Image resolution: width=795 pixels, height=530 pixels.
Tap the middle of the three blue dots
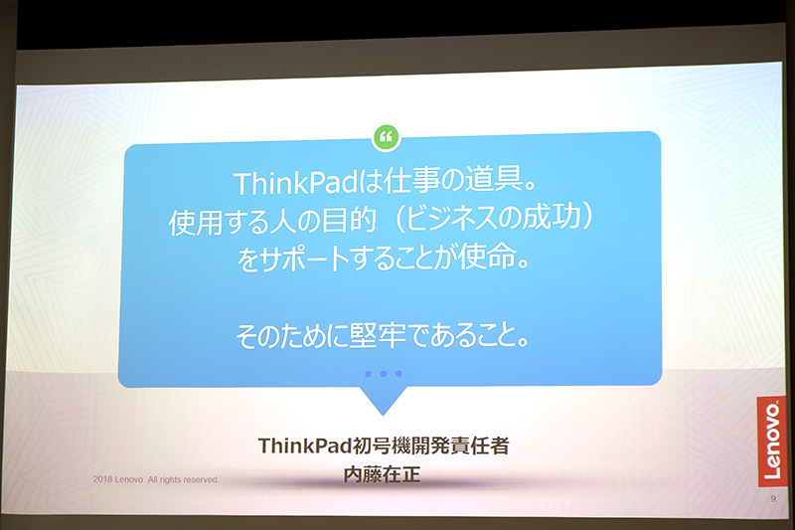[383, 374]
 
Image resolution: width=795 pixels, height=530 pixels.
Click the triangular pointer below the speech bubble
[382, 400]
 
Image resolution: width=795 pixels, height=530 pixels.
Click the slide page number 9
[772, 500]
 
